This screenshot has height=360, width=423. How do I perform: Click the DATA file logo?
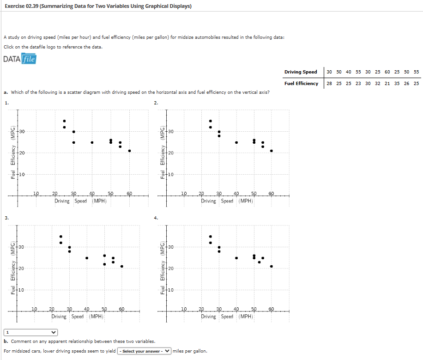pyautogui.click(x=19, y=59)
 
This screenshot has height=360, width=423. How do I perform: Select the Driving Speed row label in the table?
pyautogui.click(x=301, y=72)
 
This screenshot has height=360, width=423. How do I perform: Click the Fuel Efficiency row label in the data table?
pyautogui.click(x=301, y=83)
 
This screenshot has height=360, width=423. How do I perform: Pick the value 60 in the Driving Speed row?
pyautogui.click(x=387, y=72)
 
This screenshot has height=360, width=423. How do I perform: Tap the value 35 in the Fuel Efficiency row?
pyautogui.click(x=397, y=83)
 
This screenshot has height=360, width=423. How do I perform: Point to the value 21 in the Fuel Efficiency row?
pyautogui.click(x=387, y=83)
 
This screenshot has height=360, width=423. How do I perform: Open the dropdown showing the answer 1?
pyautogui.click(x=31, y=332)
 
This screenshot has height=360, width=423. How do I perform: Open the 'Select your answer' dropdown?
pyautogui.click(x=144, y=351)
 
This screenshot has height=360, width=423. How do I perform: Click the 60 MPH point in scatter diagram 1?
pyautogui.click(x=129, y=151)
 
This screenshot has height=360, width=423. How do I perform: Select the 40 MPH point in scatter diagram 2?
pyautogui.click(x=236, y=142)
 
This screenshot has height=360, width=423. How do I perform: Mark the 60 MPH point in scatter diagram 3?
pyautogui.click(x=121, y=266)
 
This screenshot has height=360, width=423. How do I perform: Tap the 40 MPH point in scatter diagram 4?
pyautogui.click(x=236, y=258)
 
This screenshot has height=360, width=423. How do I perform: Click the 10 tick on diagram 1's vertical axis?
pyautogui.click(x=22, y=174)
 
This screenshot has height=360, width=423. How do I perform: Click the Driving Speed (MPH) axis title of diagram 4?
pyautogui.click(x=227, y=317)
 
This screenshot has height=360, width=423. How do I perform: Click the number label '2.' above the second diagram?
pyautogui.click(x=156, y=103)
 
